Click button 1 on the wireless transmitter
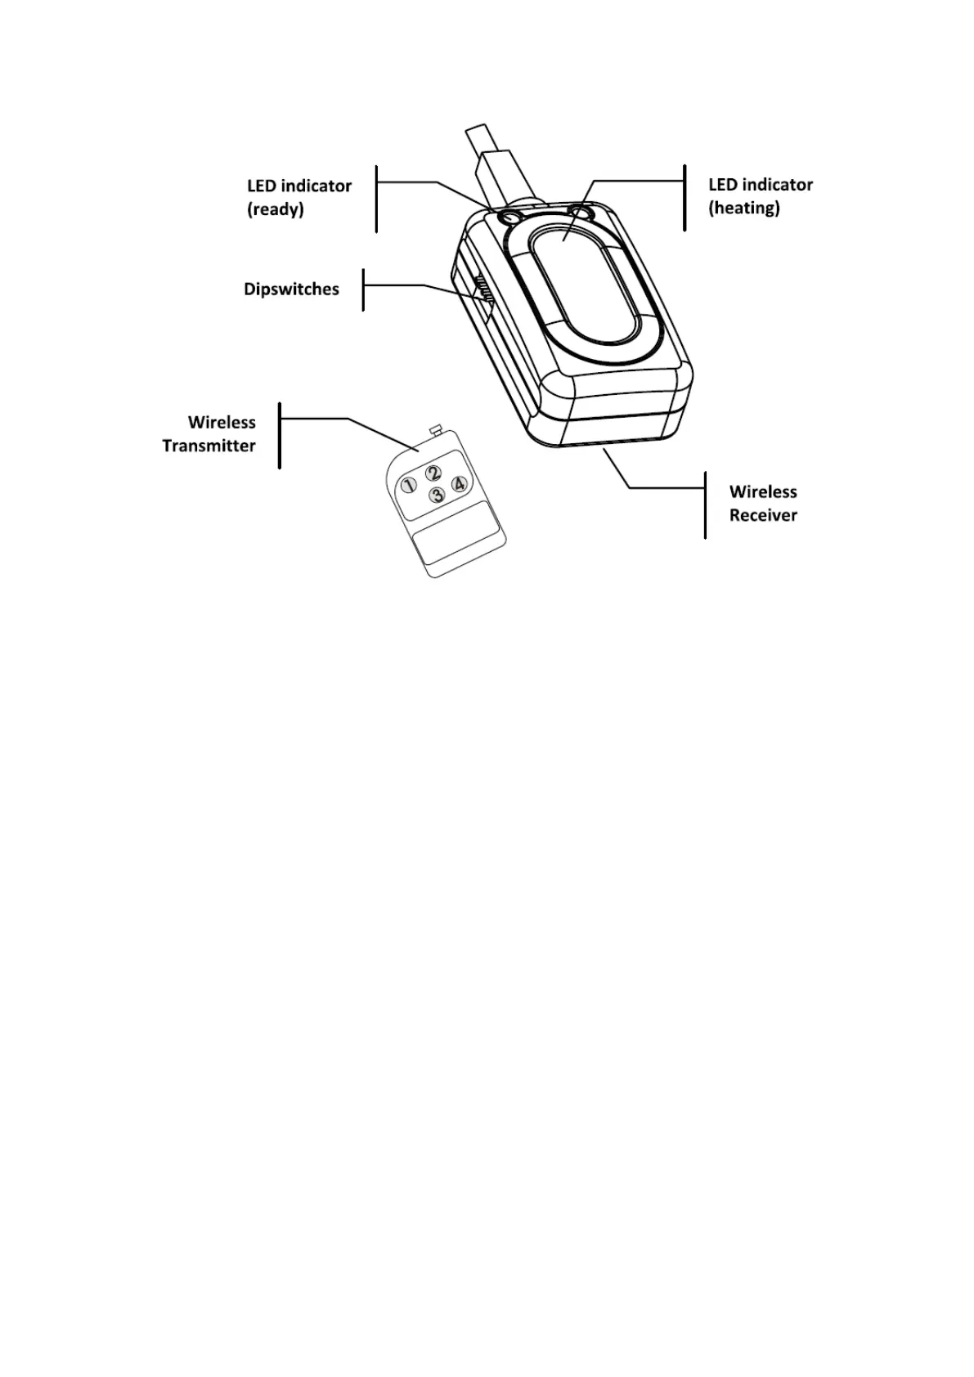pyautogui.click(x=408, y=486)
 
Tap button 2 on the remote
pyautogui.click(x=434, y=473)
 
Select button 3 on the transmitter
pyautogui.click(x=438, y=495)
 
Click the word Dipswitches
pyautogui.click(x=291, y=289)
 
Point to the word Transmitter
pyautogui.click(x=209, y=446)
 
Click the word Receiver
pyautogui.click(x=763, y=515)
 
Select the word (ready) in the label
pyautogui.click(x=276, y=209)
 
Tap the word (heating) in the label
pyautogui.click(x=743, y=208)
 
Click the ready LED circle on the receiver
pyautogui.click(x=510, y=218)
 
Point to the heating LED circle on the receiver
pyautogui.click(x=581, y=213)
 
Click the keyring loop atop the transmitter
pyautogui.click(x=435, y=428)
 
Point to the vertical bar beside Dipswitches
pyautogui.click(x=363, y=289)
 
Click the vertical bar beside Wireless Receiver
pyautogui.click(x=705, y=504)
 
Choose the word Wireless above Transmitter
pyautogui.click(x=222, y=423)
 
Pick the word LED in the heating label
pyautogui.click(x=723, y=185)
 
